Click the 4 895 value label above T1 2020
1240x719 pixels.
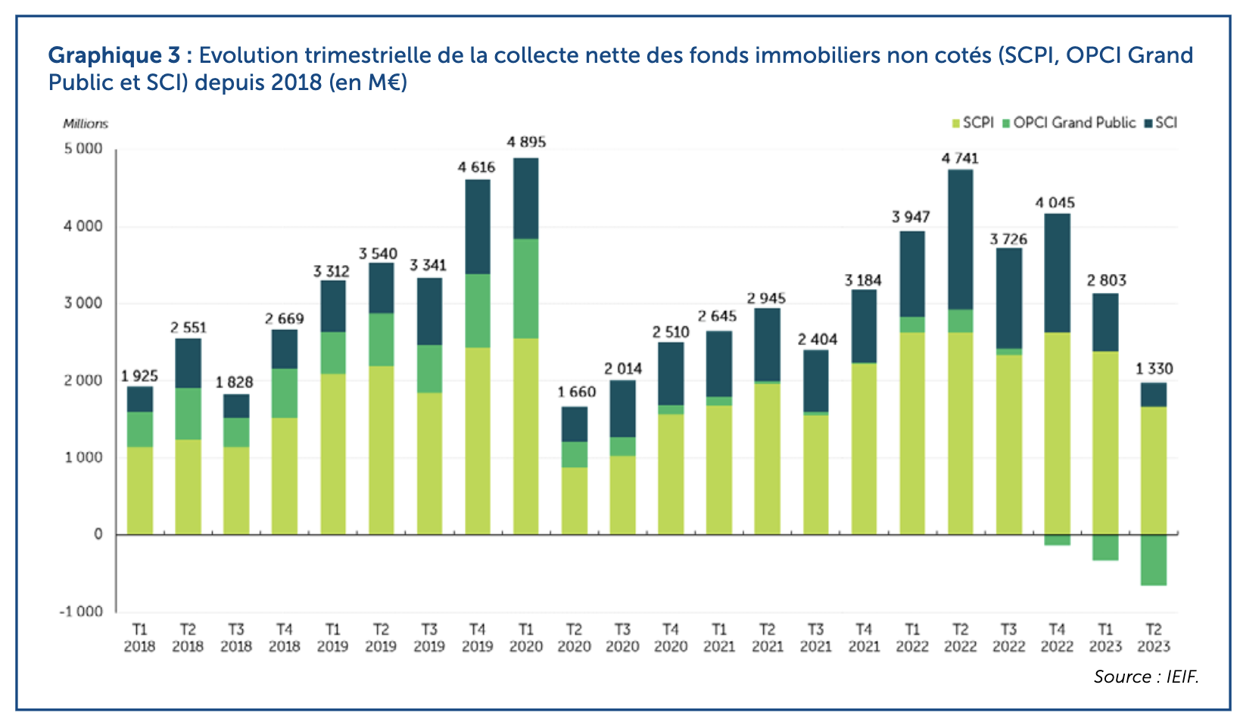tap(526, 142)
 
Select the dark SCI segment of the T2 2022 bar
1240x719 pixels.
tap(960, 239)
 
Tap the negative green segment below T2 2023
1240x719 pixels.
tap(1153, 560)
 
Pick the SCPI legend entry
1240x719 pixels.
tap(972, 123)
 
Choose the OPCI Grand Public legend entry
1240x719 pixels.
tap(1068, 123)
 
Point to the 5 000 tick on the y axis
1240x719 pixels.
tap(83, 149)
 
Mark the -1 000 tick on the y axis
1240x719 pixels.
tap(81, 612)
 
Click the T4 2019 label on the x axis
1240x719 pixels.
tap(477, 638)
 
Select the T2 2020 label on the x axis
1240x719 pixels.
tap(574, 638)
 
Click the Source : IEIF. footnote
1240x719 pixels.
tap(1145, 677)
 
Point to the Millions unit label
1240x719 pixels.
tap(86, 123)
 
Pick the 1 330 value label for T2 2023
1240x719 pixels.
tap(1154, 369)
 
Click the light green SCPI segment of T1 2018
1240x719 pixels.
tap(140, 490)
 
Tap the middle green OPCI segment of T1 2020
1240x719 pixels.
tap(526, 288)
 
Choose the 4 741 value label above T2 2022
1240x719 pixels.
tap(960, 158)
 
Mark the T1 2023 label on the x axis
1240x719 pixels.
tap(1105, 638)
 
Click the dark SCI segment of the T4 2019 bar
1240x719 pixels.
tap(477, 226)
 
